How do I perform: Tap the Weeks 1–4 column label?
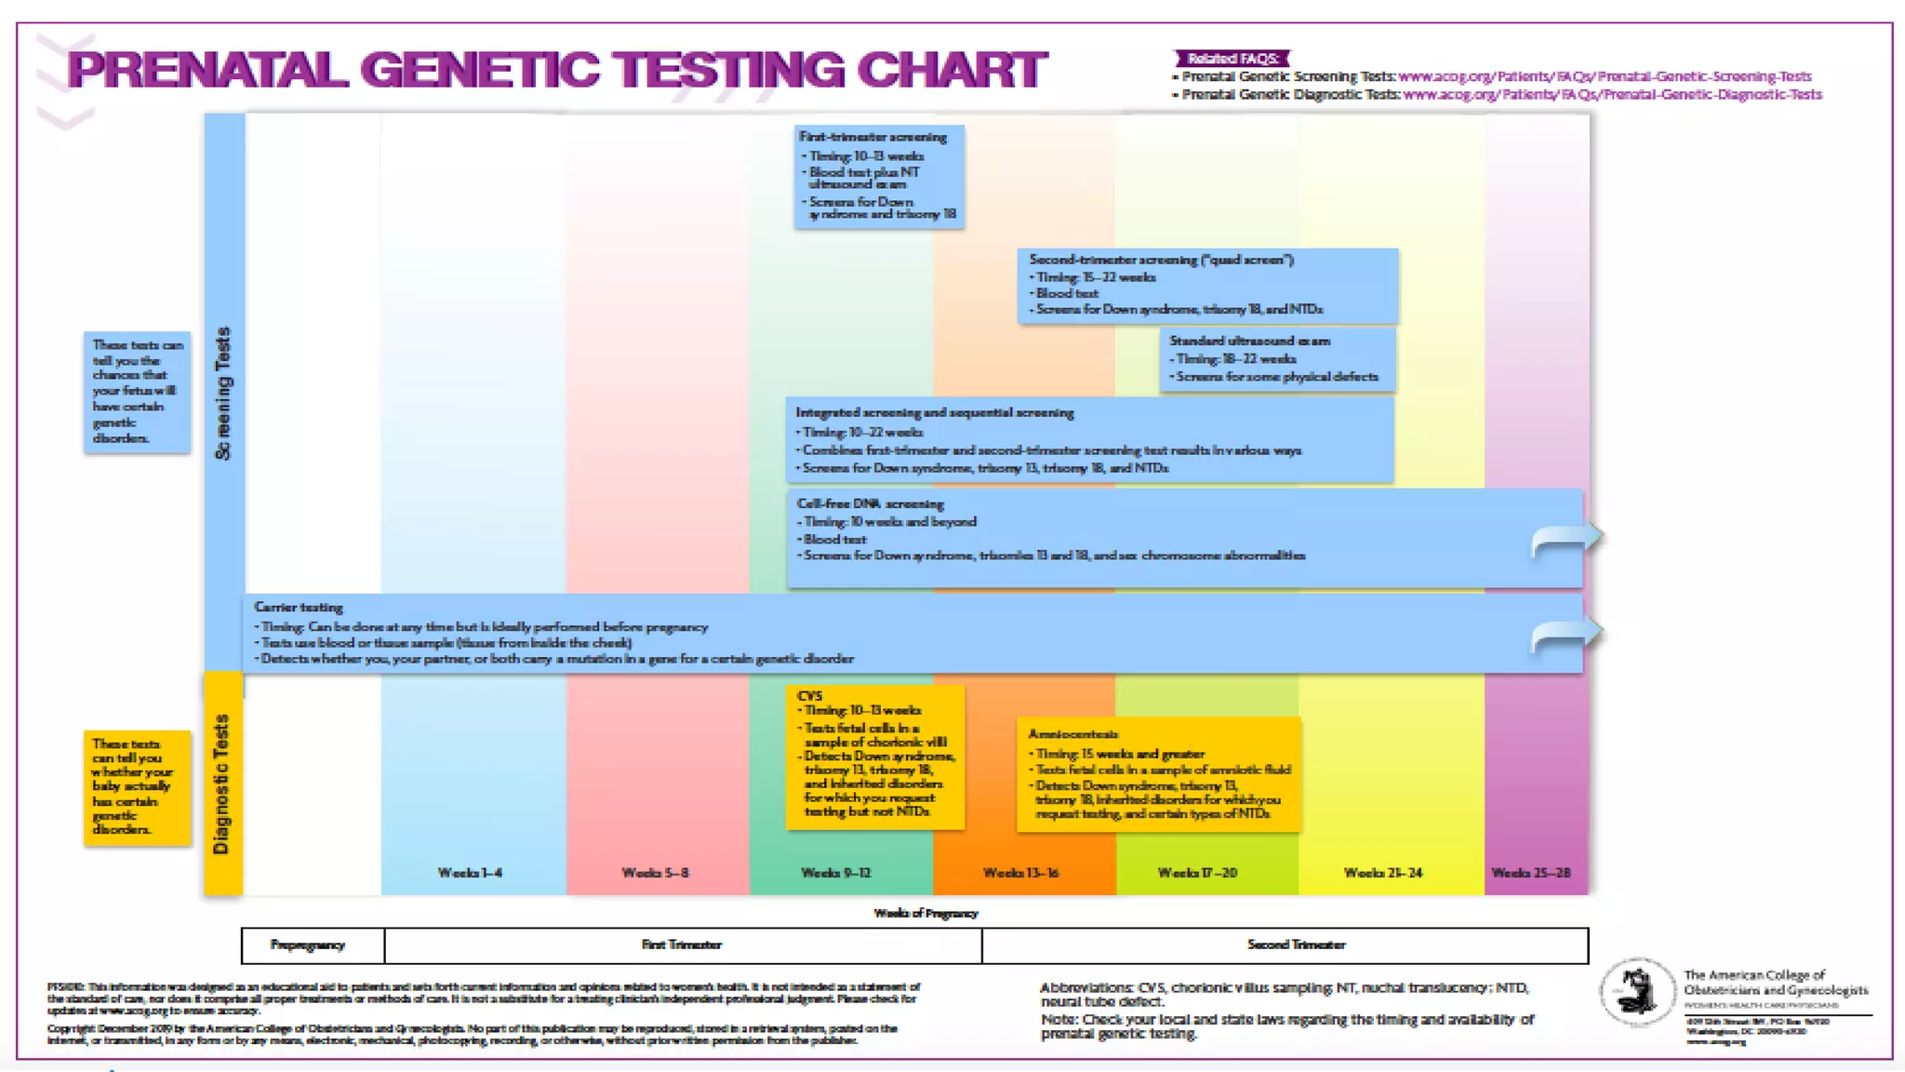470,873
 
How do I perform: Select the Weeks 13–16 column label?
1020,873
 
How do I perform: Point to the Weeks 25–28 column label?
1530,873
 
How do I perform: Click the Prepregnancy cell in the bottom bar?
308,945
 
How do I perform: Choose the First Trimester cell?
682,945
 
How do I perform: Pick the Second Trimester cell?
1296,945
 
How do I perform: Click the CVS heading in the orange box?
809,696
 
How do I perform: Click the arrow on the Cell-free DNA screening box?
1566,540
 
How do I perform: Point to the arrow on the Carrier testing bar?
1566,636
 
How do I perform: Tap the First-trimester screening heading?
873,137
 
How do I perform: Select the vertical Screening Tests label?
223,394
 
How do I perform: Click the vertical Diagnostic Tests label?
221,784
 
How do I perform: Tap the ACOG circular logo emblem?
1635,992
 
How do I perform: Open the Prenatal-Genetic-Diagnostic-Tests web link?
1612,95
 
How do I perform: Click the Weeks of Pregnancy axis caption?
926,914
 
